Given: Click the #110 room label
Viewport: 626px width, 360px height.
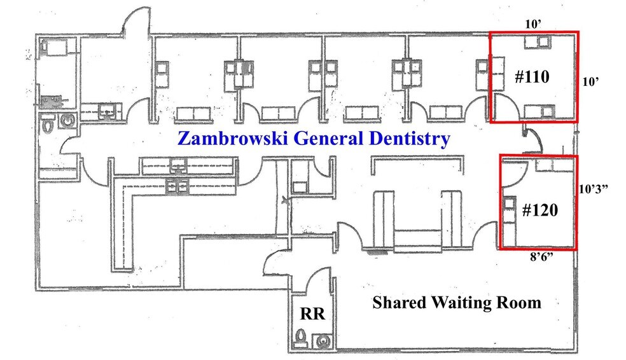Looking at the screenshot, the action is tap(532, 76).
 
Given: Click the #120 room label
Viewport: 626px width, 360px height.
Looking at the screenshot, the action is tap(539, 210).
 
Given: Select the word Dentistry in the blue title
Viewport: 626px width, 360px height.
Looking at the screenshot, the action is tap(409, 139).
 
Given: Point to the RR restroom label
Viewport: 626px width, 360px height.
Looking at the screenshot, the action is tap(312, 314).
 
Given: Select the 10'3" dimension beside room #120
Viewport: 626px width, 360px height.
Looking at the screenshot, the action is tap(594, 189).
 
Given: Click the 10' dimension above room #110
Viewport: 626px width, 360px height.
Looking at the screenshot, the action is tap(533, 24).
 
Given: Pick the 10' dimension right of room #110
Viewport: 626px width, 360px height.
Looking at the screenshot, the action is tap(590, 82).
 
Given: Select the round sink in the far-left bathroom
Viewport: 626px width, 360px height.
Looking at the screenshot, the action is tap(67, 120).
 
